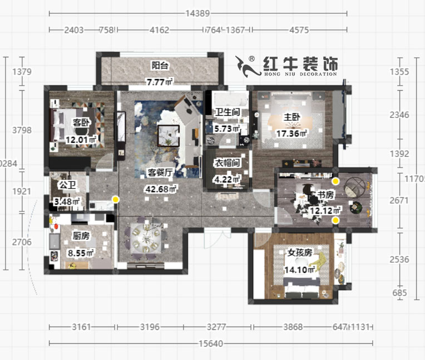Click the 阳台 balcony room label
160,66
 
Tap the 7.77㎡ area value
160,82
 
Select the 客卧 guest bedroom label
81,122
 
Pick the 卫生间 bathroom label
227,112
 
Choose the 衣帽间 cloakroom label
227,163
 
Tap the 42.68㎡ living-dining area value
160,189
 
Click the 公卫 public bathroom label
67,184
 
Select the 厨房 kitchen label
81,236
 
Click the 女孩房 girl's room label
299,252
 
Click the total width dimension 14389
197,13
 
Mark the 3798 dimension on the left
22,130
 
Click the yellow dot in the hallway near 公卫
115,199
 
